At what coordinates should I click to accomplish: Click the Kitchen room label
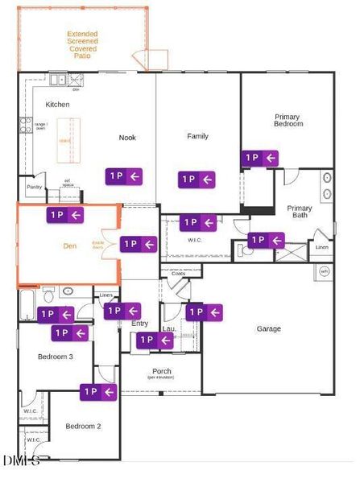point(57,105)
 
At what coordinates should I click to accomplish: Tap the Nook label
point(127,137)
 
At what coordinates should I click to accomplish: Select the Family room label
point(197,136)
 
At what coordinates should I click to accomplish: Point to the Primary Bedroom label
point(288,120)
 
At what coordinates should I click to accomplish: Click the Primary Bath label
point(300,212)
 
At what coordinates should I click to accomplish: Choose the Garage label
point(269,328)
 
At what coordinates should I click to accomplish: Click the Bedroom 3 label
point(56,356)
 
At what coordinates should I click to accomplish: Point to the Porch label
point(161,372)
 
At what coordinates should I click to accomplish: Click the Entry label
point(139,324)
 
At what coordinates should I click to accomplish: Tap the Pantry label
point(34,187)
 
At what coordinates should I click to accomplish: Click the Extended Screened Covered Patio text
point(81,46)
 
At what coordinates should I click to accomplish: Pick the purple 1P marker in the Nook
point(124,175)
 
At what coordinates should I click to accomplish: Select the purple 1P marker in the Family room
point(198,180)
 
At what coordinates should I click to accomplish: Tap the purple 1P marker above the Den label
point(65,214)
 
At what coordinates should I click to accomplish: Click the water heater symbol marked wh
point(324,271)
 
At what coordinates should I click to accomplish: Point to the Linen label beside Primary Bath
point(322,247)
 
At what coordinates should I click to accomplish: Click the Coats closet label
point(178,274)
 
